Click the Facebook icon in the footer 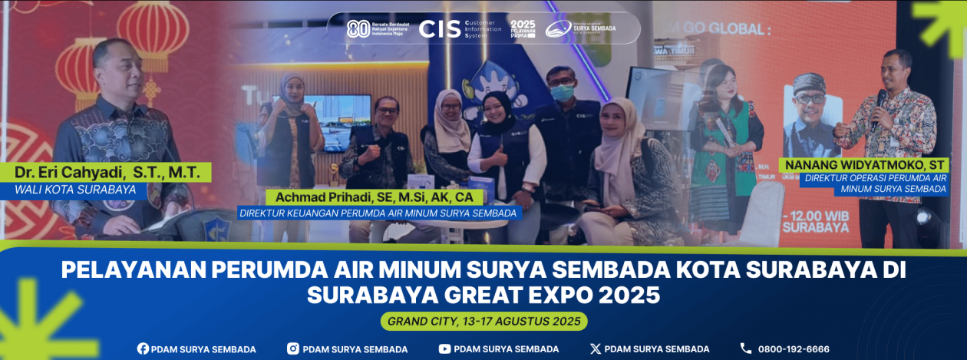(143, 348)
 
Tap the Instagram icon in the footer (293, 348)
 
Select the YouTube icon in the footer (444, 348)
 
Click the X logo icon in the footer (595, 348)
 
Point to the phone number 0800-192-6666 (794, 348)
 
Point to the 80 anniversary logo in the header (358, 29)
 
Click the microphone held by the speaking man (880, 101)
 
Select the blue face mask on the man (562, 93)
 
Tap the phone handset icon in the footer (745, 348)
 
